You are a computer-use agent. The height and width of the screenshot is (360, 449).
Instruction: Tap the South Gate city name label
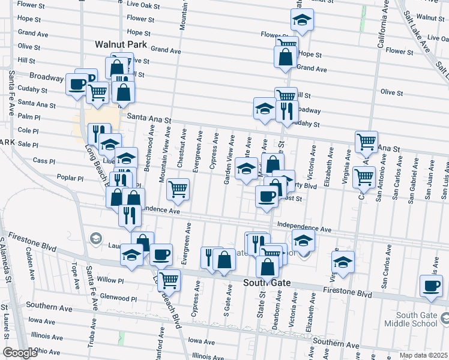pos(267,283)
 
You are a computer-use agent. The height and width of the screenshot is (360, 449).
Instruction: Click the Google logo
pos(20,353)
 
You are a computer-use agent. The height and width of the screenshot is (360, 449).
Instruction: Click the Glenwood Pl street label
pos(119,298)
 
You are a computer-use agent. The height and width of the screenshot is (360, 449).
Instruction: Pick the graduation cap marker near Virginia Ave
pos(343,262)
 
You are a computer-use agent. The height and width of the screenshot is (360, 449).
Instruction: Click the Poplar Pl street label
pos(71,178)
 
